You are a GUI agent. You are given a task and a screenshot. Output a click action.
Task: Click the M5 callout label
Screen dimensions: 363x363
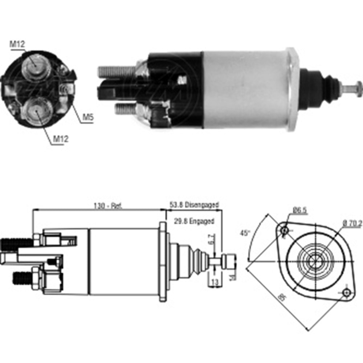click(x=87, y=117)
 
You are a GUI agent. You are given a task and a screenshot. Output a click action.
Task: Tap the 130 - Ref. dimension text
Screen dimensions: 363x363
click(x=108, y=205)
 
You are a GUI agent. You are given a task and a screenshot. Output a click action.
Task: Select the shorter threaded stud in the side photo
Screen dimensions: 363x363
click(x=125, y=109)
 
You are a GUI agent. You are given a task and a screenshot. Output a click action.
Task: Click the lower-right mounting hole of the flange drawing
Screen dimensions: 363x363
click(x=347, y=293)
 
